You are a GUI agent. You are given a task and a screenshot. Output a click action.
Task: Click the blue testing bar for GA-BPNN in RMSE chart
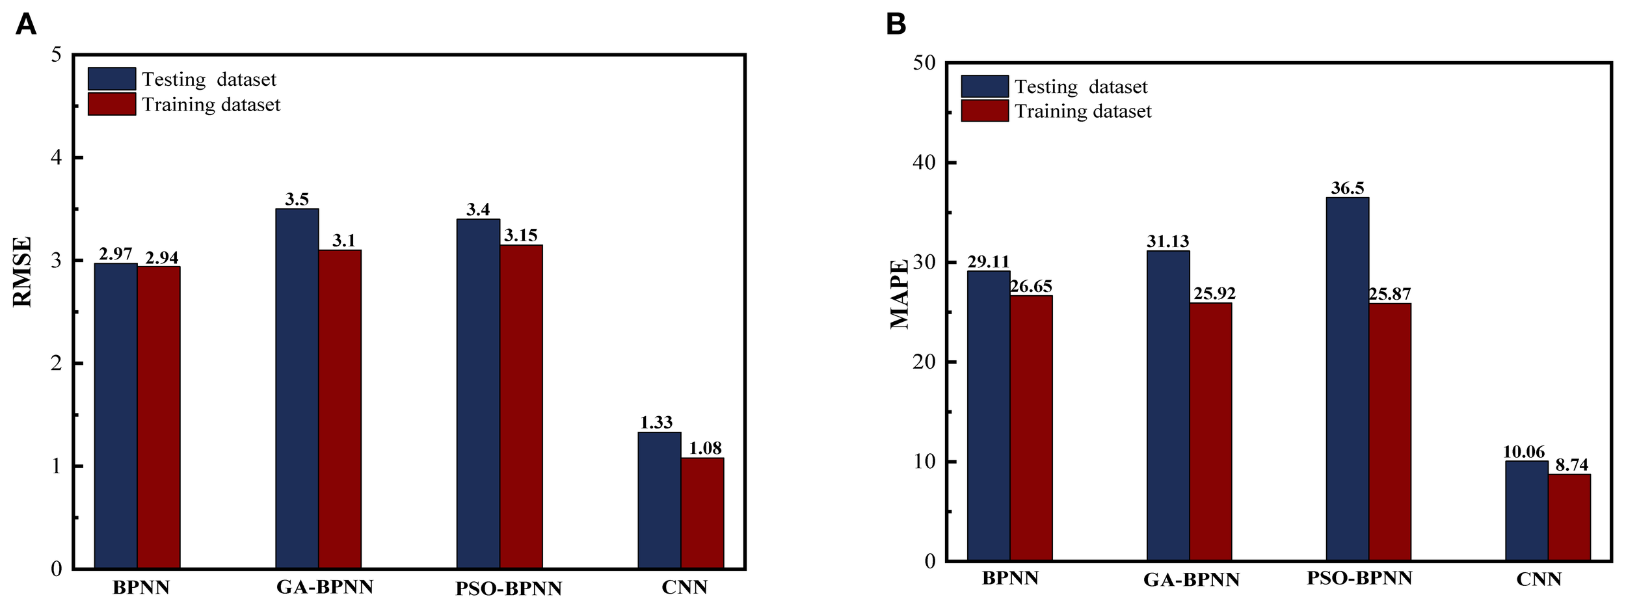(297, 389)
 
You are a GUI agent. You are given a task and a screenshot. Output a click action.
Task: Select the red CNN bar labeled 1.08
(702, 513)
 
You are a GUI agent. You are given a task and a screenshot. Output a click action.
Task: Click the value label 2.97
(115, 254)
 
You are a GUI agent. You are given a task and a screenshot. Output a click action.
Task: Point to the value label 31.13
(1167, 242)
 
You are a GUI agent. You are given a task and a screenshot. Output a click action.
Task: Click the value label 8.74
(1571, 465)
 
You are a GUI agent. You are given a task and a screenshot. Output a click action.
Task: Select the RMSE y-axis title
(22, 271)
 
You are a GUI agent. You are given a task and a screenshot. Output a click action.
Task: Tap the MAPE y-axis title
(899, 294)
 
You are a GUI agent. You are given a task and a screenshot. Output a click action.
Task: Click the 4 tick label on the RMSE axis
(57, 157)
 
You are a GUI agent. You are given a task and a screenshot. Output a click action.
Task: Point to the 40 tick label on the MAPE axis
(924, 163)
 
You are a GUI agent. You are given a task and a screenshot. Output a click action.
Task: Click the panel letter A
(25, 25)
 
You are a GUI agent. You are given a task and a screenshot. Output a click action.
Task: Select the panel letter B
(896, 25)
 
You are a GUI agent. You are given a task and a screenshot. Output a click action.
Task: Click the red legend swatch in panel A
(112, 104)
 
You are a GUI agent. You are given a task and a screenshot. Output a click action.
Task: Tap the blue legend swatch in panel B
(985, 86)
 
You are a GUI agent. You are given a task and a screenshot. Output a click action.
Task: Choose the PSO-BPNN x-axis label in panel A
(508, 589)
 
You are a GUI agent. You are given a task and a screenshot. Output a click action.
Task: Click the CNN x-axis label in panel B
(1538, 579)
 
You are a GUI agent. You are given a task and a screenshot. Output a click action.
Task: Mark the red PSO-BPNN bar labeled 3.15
(521, 406)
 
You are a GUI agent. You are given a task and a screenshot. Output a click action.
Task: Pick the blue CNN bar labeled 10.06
(1526, 510)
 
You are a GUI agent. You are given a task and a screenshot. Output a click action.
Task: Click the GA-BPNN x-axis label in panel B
(1192, 580)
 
